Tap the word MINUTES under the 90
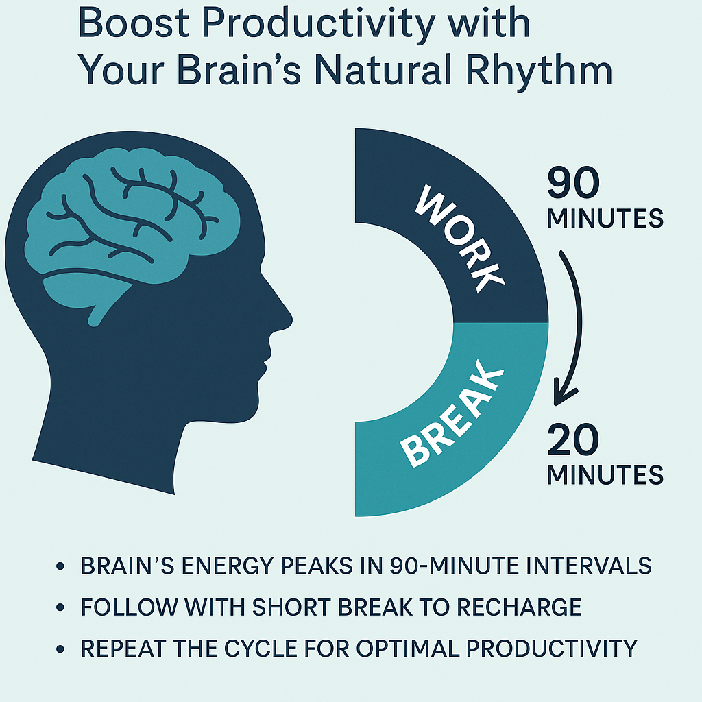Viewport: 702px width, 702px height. (x=605, y=218)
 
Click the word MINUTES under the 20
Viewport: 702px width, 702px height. (x=605, y=474)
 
